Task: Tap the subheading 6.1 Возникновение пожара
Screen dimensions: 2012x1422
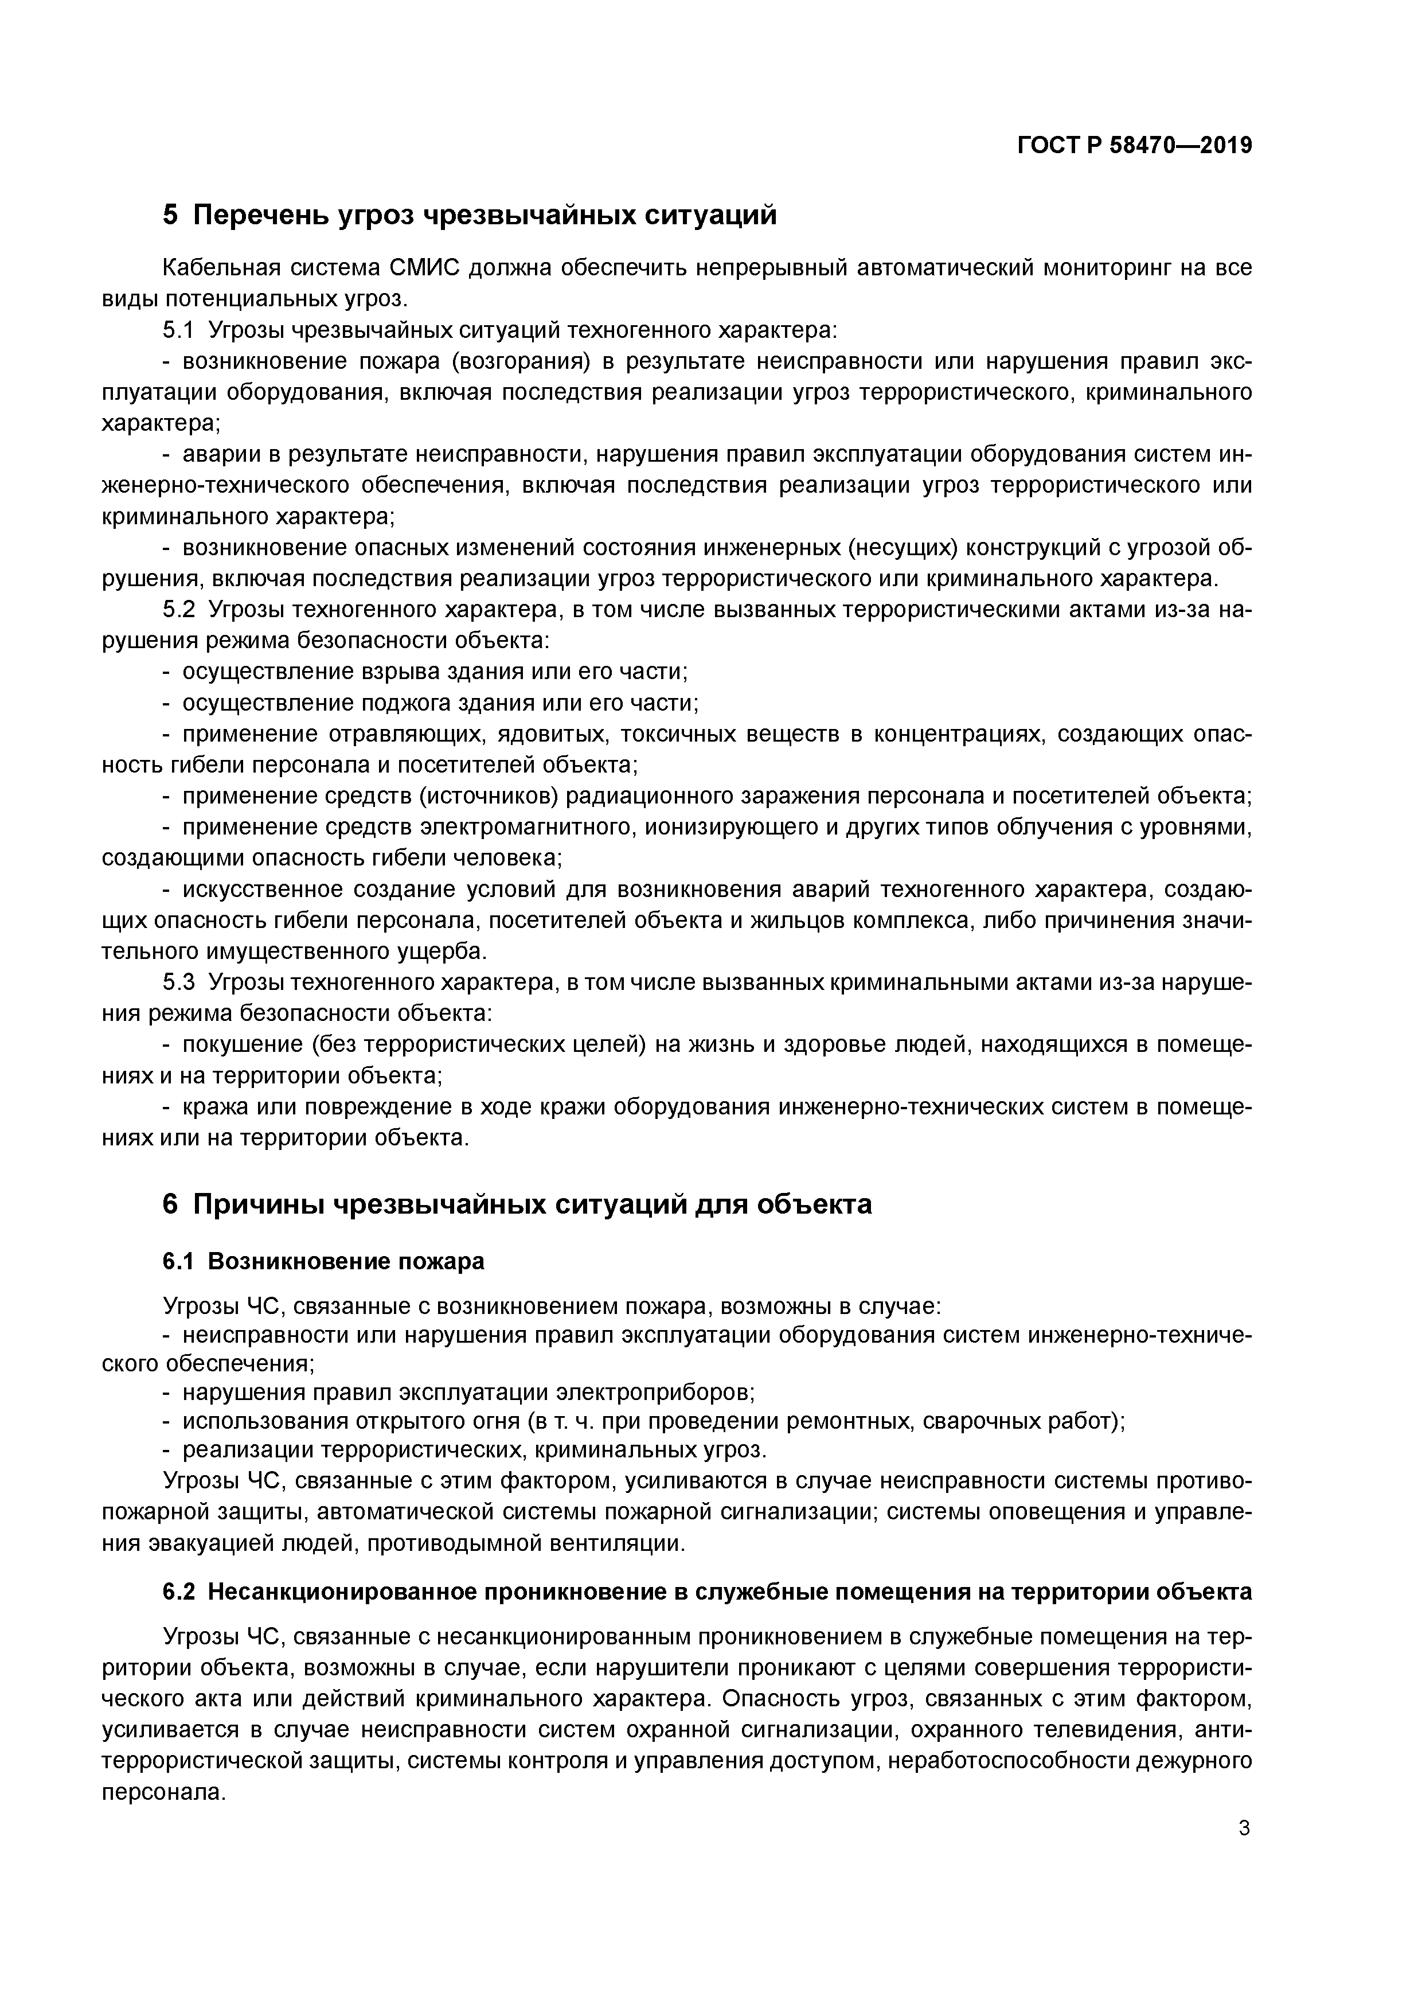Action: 323,1262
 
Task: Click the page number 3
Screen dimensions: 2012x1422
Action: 1244,1829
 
